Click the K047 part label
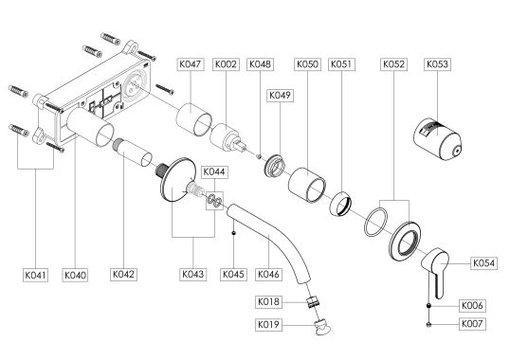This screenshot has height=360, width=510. (191, 64)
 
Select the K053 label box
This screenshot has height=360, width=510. (438, 64)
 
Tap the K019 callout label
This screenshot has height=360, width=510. (268, 325)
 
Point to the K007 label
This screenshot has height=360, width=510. (473, 324)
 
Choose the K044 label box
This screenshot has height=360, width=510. (214, 171)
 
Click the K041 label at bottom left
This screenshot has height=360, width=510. (36, 275)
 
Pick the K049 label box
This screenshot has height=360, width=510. (280, 96)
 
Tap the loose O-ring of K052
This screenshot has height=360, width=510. (376, 223)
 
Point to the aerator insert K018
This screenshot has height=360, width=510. (314, 301)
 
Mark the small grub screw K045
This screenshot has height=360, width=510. (233, 233)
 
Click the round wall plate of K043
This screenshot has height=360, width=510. (178, 180)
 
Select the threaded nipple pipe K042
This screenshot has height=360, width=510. (132, 153)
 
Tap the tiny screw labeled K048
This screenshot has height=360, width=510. (259, 156)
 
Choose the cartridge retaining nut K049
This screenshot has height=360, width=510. (275, 166)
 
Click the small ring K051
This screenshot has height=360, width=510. (341, 203)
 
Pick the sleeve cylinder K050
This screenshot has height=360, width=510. (307, 185)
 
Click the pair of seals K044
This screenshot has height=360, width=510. (214, 200)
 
